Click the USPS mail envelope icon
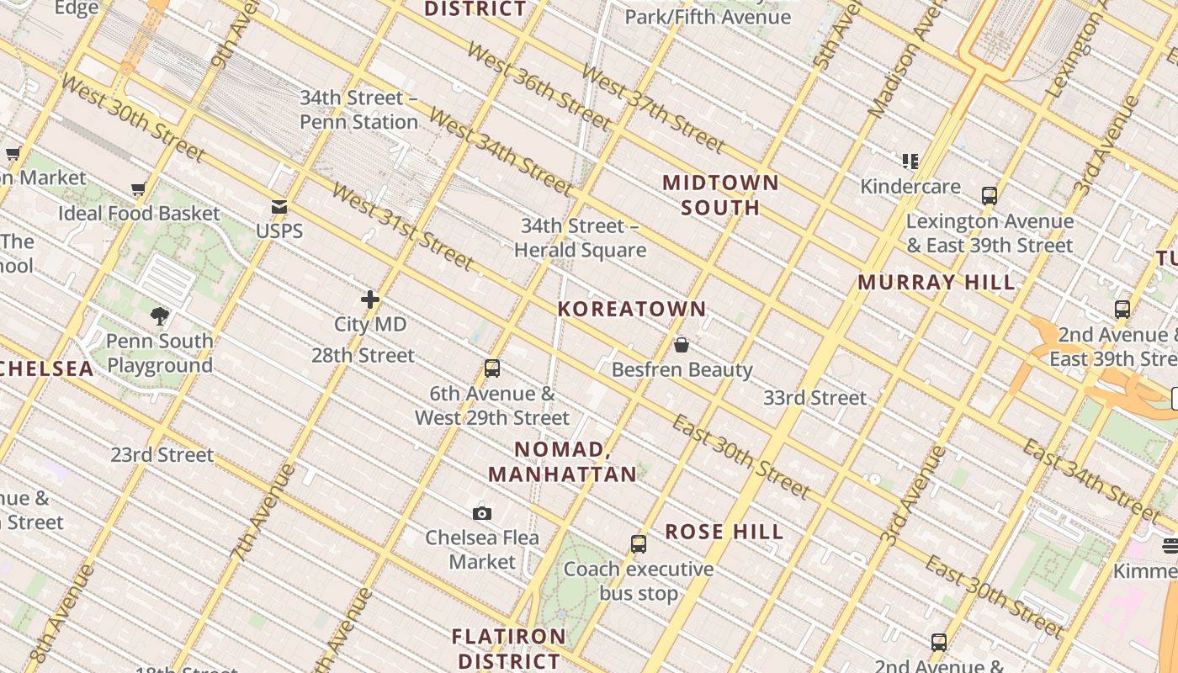point(279,207)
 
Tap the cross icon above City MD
point(370,299)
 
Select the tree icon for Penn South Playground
point(160,316)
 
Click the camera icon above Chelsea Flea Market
point(482,513)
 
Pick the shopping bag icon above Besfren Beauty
point(682,345)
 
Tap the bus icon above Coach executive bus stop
point(639,544)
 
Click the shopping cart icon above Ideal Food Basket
point(139,189)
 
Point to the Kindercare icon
point(910,161)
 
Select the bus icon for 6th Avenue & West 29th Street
point(492,368)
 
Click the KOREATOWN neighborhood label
point(632,309)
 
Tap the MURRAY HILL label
point(937,283)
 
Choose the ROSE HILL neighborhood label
point(724,532)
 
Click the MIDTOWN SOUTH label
point(720,194)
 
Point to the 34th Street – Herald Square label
point(580,238)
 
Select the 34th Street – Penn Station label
point(359,109)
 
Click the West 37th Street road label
point(653,109)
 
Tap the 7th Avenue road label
point(263,511)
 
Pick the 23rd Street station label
point(162,455)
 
